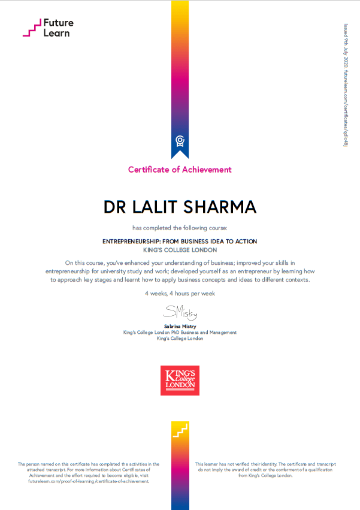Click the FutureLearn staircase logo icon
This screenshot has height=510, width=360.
[x=32, y=28]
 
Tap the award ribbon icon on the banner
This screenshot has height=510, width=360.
[x=180, y=141]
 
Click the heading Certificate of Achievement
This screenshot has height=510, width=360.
[x=180, y=170]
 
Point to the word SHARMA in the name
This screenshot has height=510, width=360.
[x=224, y=207]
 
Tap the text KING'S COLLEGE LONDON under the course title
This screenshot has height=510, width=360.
[x=180, y=250]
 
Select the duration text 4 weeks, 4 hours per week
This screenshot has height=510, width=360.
[x=180, y=294]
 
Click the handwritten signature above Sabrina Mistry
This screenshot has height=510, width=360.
[x=180, y=312]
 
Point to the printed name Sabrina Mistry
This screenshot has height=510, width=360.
[x=180, y=326]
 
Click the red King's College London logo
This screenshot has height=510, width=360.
[x=180, y=381]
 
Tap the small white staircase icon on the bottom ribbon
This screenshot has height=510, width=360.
[x=180, y=430]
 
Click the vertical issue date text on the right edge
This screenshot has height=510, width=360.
[x=346, y=84]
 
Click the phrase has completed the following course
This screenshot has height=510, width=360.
[x=180, y=228]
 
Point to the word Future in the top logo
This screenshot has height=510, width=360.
[x=59, y=23]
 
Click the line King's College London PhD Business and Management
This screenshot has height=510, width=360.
[x=180, y=332]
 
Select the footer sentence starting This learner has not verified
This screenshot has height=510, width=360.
[x=265, y=464]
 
